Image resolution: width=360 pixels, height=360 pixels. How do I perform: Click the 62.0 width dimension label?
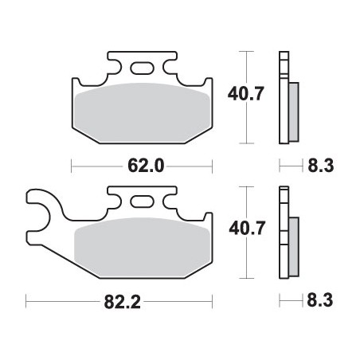(145, 166)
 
